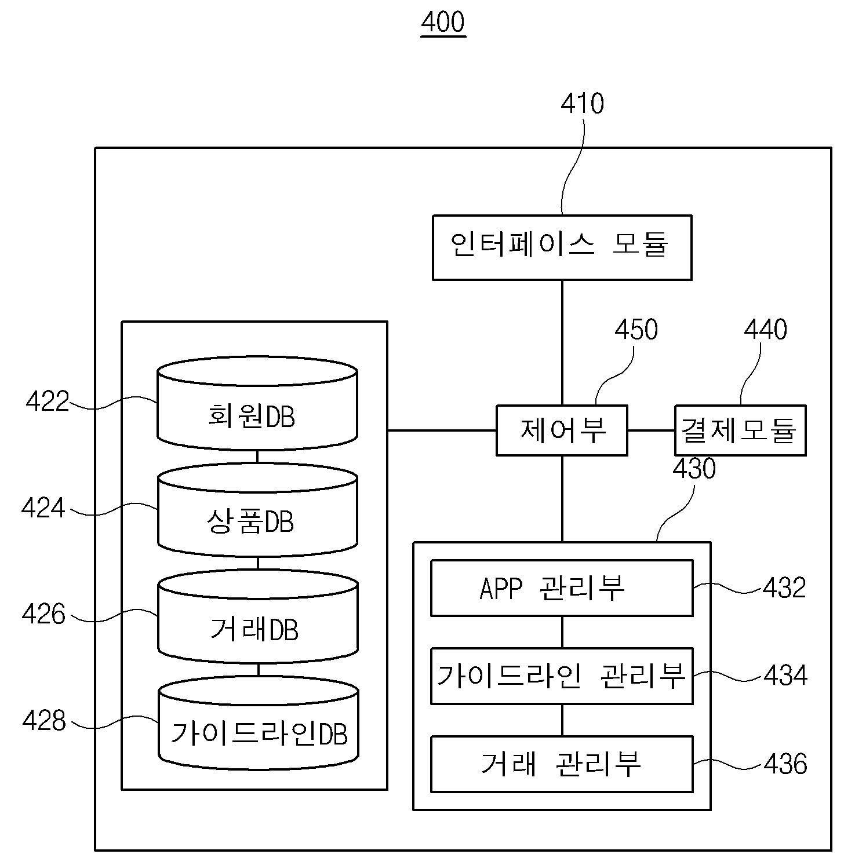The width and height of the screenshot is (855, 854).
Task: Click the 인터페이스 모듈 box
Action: pyautogui.click(x=562, y=247)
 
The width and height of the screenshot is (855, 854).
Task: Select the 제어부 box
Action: pyautogui.click(x=562, y=430)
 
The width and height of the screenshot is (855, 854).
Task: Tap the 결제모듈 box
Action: pyautogui.click(x=740, y=430)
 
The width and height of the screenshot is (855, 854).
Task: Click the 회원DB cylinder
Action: pyautogui.click(x=257, y=404)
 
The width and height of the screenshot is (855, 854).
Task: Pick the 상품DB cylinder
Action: pyautogui.click(x=257, y=510)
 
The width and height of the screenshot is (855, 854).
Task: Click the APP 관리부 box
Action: pyautogui.click(x=562, y=588)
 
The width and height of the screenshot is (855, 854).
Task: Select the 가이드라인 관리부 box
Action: pyautogui.click(x=562, y=676)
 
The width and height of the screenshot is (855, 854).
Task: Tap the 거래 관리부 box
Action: pyautogui.click(x=562, y=764)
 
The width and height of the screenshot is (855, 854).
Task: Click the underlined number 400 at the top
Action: pyautogui.click(x=443, y=23)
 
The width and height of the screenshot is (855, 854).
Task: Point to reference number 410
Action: pyautogui.click(x=583, y=104)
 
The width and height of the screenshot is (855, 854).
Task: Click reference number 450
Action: pyautogui.click(x=636, y=330)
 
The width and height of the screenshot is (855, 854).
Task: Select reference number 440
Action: pyautogui.click(x=766, y=330)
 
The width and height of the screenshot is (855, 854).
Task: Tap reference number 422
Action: pyautogui.click(x=48, y=402)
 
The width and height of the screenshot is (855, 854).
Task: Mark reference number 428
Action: pyautogui.click(x=44, y=721)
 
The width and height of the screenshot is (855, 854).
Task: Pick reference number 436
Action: pyautogui.click(x=785, y=764)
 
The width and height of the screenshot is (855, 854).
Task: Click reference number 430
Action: pyautogui.click(x=694, y=469)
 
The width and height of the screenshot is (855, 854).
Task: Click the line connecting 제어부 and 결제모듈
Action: pyautogui.click(x=652, y=430)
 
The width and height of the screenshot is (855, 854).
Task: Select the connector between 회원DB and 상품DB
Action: pyautogui.click(x=257, y=457)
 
